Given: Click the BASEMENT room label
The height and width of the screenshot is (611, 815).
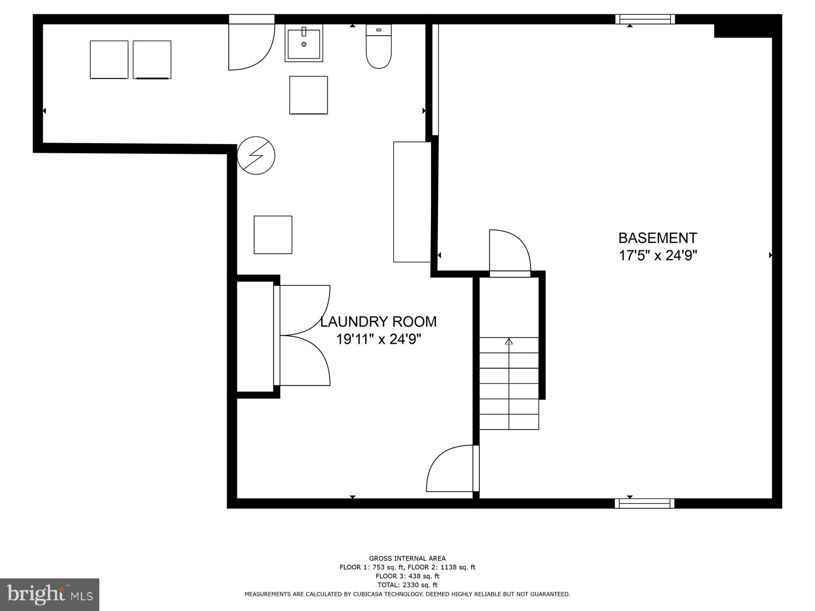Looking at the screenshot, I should [x=657, y=238].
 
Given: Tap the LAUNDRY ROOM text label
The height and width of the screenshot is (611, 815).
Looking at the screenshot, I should [x=378, y=322].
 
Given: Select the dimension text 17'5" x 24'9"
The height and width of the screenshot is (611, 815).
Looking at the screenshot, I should [x=657, y=255].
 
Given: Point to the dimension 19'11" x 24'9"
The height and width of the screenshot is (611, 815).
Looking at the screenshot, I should [x=378, y=339].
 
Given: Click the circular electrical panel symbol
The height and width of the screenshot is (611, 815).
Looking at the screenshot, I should [x=256, y=155].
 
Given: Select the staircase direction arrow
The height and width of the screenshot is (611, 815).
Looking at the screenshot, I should [x=509, y=342].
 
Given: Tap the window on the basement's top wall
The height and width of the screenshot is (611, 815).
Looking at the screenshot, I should [x=645, y=19].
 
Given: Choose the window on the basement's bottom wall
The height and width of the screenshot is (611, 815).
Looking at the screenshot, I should [x=645, y=503].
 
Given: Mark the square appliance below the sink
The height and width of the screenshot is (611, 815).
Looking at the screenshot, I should [x=308, y=95].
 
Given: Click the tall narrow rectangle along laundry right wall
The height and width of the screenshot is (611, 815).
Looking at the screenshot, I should [x=412, y=202].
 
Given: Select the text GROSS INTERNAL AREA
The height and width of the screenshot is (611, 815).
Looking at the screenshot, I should [x=407, y=559].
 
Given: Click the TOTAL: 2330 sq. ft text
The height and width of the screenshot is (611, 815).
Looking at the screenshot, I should [x=407, y=585].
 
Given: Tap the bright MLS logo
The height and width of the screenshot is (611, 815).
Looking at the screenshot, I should [x=49, y=594].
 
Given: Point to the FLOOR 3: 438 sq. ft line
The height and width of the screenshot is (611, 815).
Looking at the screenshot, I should [x=407, y=576].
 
